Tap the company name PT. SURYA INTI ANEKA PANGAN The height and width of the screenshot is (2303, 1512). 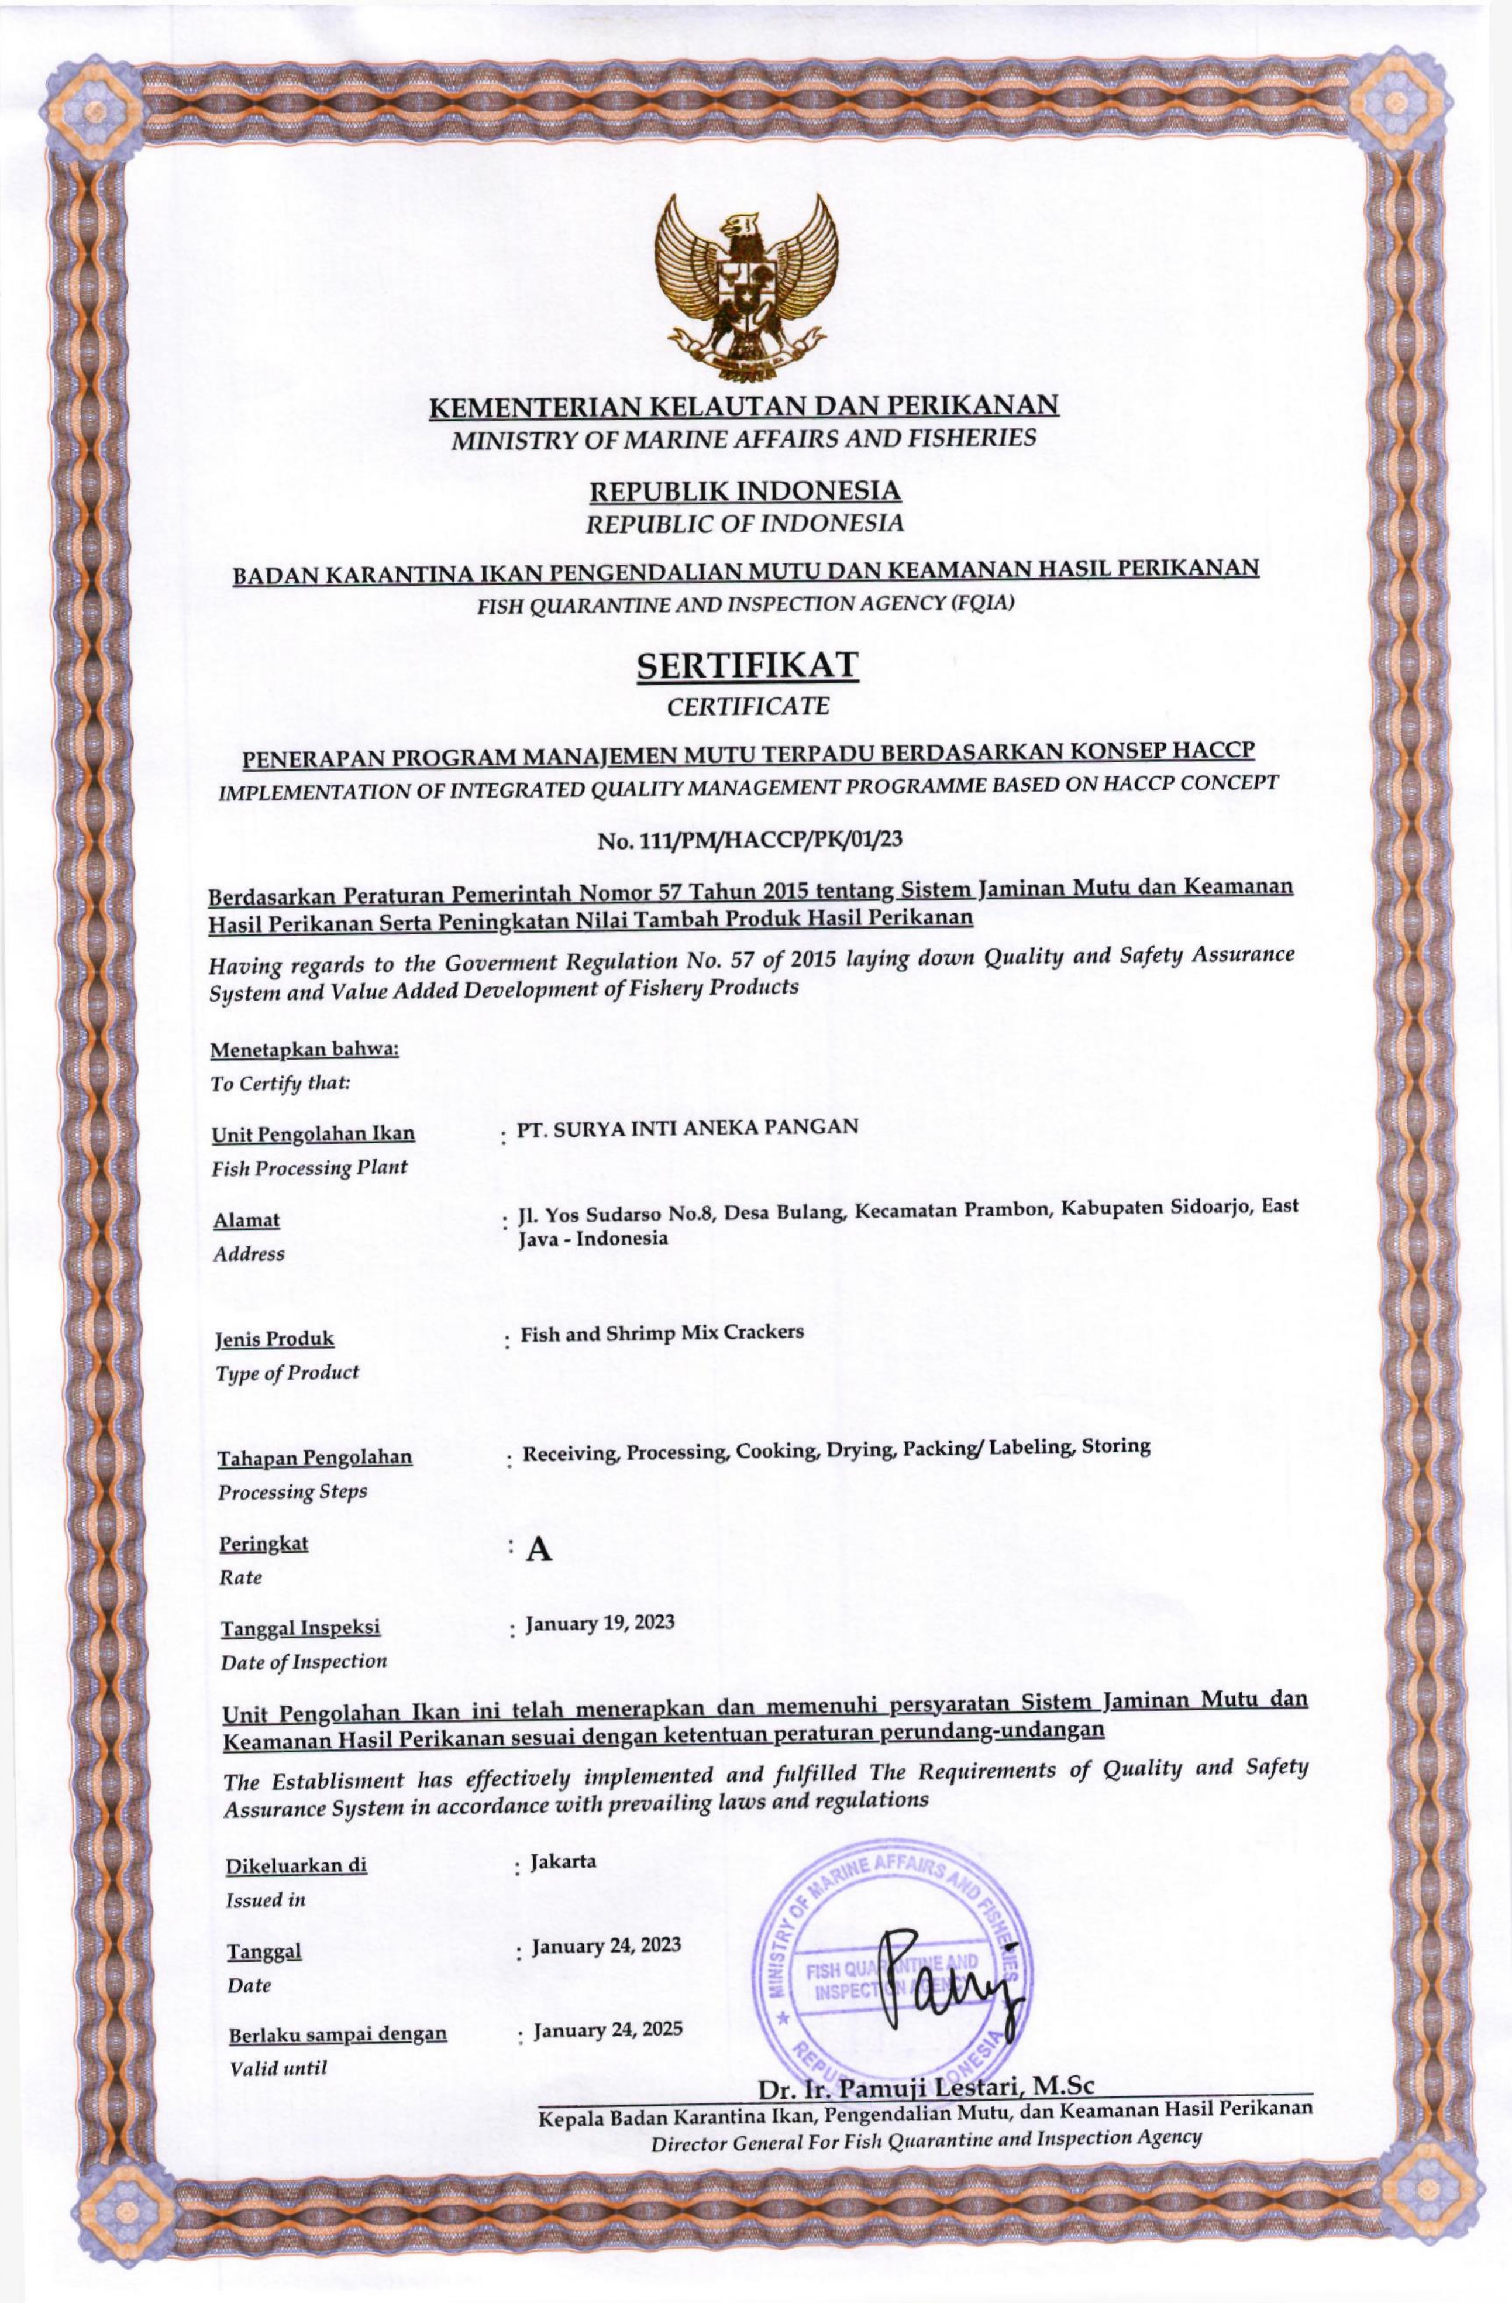pyautogui.click(x=688, y=1126)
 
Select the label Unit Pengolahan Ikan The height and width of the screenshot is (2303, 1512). pyautogui.click(x=314, y=1133)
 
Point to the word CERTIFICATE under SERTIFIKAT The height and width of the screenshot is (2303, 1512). pyautogui.click(x=748, y=706)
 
